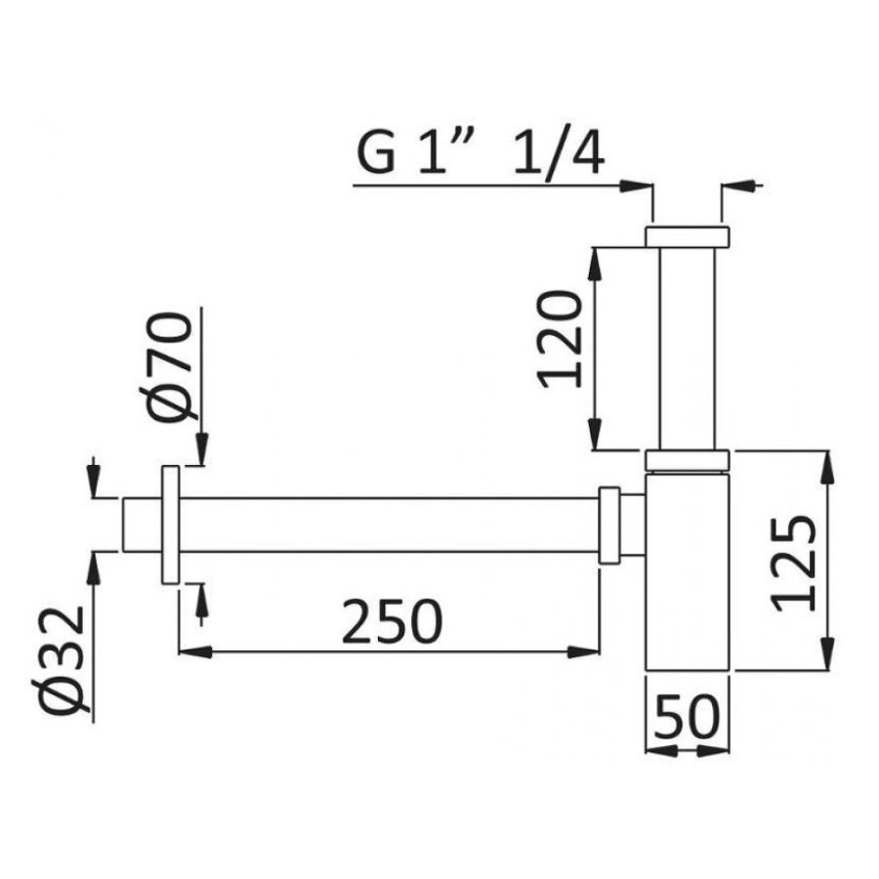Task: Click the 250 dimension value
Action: [392, 620]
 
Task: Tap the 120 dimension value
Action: [560, 339]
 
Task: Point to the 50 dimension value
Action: [687, 717]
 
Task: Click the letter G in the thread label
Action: [376, 151]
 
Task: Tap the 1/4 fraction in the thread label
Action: [559, 153]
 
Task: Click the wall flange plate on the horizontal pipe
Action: [170, 524]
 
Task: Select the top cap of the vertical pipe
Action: [688, 236]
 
